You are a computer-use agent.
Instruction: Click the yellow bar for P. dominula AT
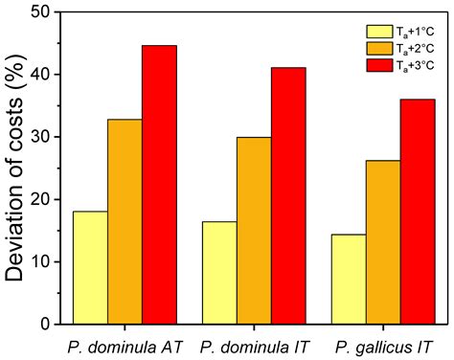[x=90, y=267]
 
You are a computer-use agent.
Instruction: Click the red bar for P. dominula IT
[x=288, y=195]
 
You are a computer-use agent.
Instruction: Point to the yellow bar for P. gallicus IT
[x=347, y=279]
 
